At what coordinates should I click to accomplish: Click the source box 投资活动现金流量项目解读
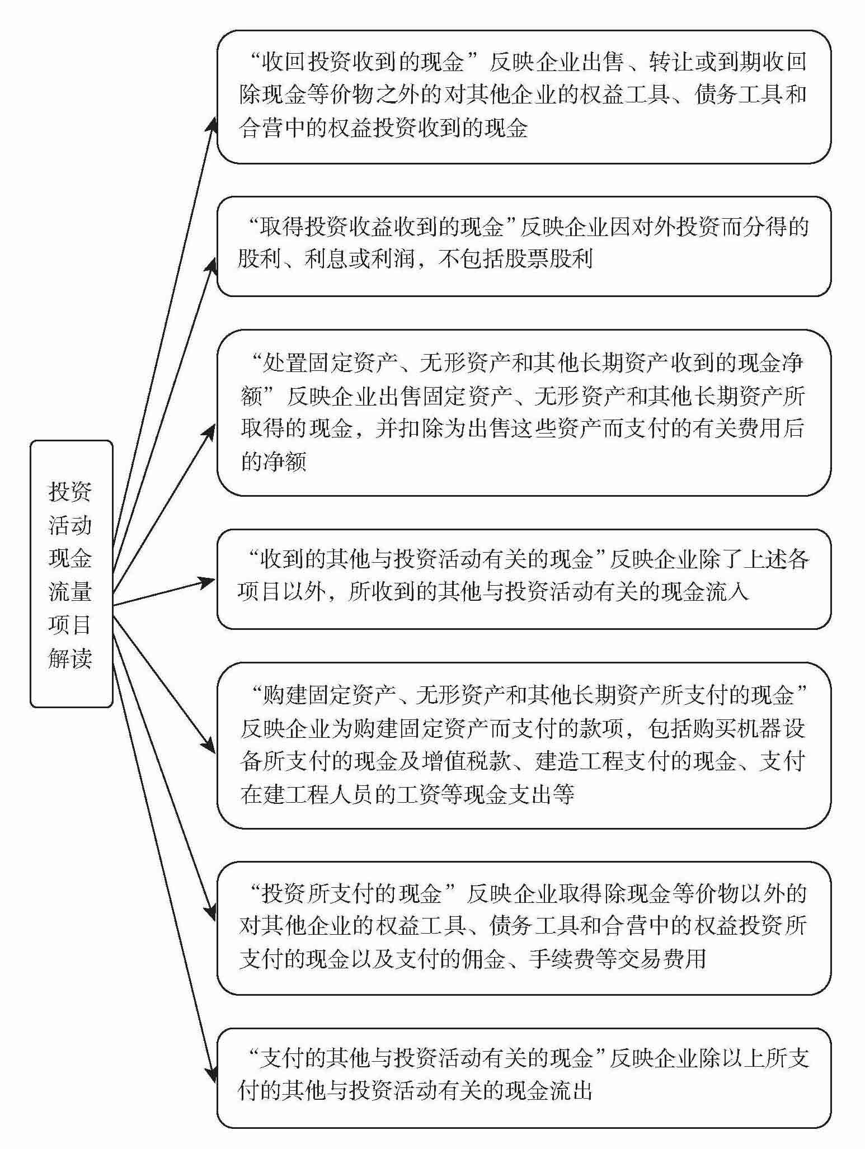(x=71, y=574)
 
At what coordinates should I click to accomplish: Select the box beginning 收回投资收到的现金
(x=523, y=97)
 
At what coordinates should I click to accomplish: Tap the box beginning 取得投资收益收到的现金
(x=523, y=246)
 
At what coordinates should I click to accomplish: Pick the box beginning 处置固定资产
(x=523, y=413)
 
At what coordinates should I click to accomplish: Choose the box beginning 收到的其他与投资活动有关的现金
(x=523, y=578)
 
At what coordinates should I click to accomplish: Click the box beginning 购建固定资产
(x=523, y=745)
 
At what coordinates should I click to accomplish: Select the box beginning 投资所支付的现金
(x=523, y=927)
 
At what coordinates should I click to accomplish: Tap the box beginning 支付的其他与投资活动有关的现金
(x=523, y=1077)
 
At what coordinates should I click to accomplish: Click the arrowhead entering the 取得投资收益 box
(x=211, y=263)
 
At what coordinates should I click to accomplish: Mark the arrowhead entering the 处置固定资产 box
(x=210, y=431)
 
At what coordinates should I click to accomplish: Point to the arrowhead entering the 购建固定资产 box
(x=210, y=747)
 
